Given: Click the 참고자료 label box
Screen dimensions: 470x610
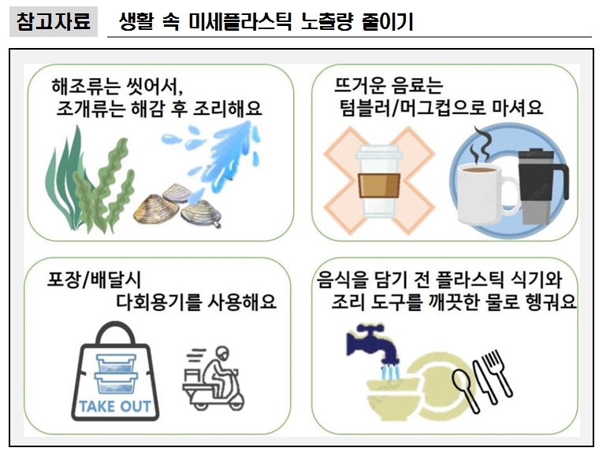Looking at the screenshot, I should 53,21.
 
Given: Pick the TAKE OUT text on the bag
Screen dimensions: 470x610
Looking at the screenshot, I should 116,408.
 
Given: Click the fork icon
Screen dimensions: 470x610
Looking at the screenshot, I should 498,371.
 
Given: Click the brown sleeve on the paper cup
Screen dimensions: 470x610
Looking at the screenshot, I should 381,187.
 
